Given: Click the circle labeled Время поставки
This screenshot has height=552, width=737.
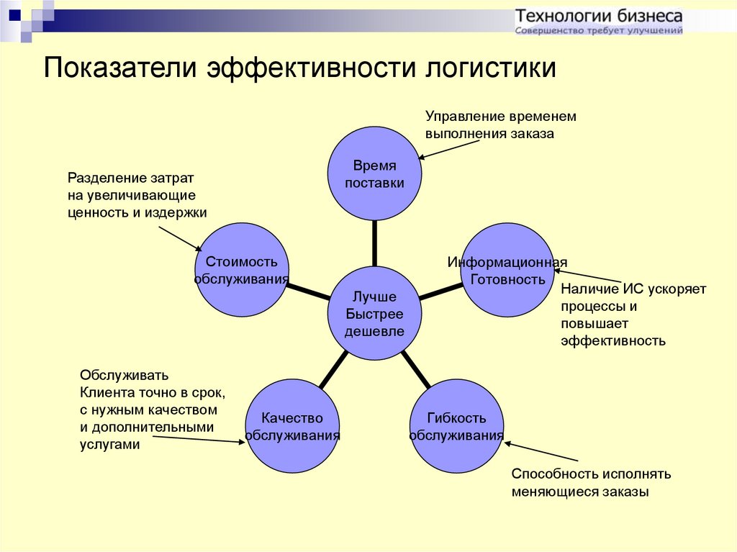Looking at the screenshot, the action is click(374, 173).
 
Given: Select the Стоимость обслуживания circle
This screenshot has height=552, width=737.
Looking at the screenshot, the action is click(242, 269).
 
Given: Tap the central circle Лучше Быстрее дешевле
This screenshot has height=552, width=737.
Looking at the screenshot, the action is click(374, 314).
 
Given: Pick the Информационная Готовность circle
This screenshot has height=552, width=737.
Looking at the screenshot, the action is click(507, 269).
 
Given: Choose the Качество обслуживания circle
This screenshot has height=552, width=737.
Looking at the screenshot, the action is click(292, 426).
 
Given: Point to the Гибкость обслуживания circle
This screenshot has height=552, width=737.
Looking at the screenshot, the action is click(456, 426).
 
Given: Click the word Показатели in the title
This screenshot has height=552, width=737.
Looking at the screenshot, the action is click(120, 67).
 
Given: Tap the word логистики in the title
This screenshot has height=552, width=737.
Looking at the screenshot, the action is click(491, 67).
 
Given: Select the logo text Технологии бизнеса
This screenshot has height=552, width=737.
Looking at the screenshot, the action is click(599, 16).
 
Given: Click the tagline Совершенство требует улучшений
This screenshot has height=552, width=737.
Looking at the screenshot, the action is click(599, 30).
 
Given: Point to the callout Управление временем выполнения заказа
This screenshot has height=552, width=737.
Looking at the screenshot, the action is click(501, 125).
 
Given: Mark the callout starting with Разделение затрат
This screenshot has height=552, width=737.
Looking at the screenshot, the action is click(137, 195).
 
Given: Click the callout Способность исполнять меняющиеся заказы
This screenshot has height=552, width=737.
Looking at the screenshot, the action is click(591, 483).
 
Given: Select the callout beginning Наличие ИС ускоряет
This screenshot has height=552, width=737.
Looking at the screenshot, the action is click(633, 315).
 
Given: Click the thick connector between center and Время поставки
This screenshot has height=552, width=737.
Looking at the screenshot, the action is click(374, 243).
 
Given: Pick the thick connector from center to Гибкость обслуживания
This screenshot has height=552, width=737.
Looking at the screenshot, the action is click(416, 370).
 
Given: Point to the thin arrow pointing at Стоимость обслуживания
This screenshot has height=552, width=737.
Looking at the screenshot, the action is click(180, 239).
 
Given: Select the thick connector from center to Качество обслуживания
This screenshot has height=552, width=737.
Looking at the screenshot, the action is click(334, 370).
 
